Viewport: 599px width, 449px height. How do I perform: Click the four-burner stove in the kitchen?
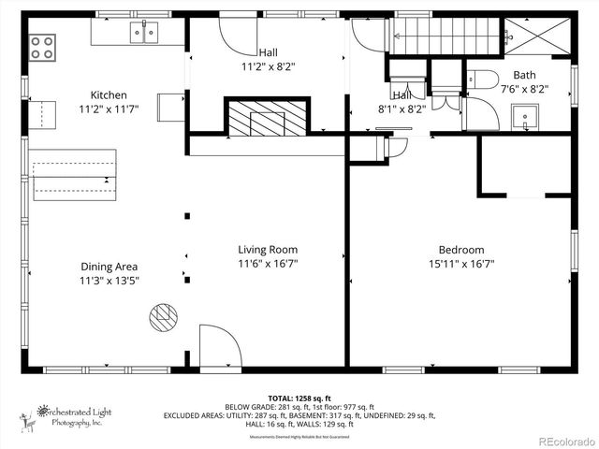42,46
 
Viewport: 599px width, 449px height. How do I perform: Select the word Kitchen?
109,94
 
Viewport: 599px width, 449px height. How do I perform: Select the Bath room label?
524,75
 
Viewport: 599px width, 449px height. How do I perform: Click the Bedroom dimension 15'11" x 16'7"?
461,265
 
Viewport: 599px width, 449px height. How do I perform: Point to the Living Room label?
268,249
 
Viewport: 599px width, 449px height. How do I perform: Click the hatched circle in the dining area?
163,317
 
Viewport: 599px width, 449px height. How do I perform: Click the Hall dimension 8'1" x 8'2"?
402,109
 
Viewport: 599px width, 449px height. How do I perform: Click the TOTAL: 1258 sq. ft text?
300,397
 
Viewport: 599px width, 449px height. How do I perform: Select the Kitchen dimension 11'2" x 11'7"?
109,109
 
